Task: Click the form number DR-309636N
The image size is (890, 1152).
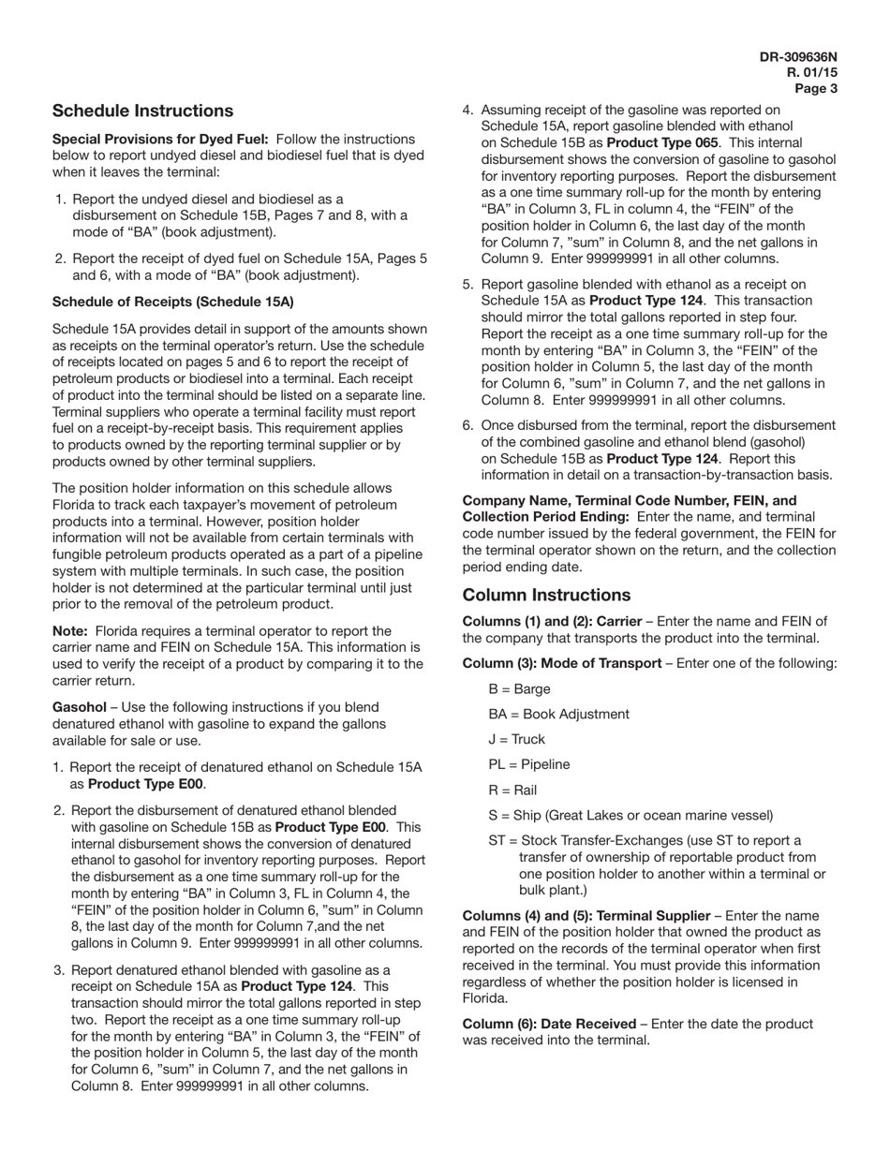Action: (x=798, y=57)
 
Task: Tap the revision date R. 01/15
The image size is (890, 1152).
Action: (x=811, y=73)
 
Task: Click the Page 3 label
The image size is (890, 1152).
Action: (x=816, y=89)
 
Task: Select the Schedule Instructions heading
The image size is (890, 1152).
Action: (x=142, y=111)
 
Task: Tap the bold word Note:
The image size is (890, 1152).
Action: (x=70, y=631)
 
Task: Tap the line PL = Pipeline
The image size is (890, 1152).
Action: (x=528, y=765)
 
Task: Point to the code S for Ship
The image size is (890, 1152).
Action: (x=493, y=816)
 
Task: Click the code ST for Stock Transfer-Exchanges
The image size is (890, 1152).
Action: (x=497, y=841)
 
